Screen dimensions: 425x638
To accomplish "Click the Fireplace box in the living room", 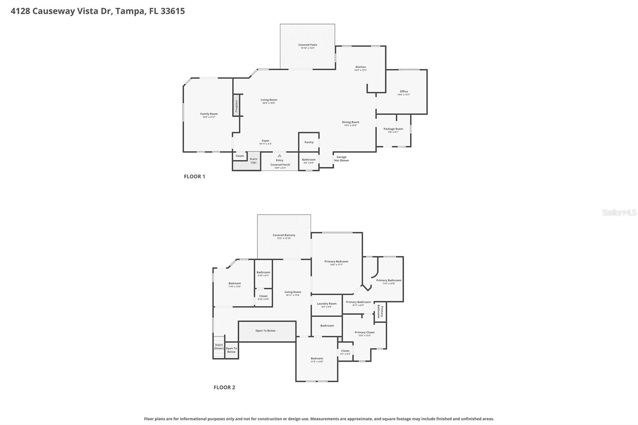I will click(236, 105).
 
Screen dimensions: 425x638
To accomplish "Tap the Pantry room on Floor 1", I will click(309, 142).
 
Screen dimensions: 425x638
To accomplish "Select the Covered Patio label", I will click(307, 45).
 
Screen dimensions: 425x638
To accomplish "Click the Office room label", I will click(404, 92).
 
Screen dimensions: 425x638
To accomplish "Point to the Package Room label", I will click(393, 129).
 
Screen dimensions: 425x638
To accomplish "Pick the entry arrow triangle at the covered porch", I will click(280, 155).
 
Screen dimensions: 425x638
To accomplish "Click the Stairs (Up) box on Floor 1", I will click(254, 161).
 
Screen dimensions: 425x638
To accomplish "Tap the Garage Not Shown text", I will click(341, 159).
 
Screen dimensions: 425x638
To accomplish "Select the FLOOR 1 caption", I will click(194, 176).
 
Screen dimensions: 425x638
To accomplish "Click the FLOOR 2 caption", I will click(224, 387).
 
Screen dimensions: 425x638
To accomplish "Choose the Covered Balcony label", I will click(284, 235).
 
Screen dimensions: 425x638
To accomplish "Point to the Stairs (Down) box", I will click(219, 347).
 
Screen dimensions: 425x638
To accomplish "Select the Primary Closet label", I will click(364, 333).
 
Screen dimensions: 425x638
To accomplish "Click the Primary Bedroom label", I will click(336, 262).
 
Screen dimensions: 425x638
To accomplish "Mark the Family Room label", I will click(209, 114).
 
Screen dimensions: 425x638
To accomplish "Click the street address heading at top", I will click(98, 11).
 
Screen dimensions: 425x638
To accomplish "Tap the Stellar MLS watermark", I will click(619, 212).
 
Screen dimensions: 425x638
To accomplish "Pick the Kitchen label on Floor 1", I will click(360, 67).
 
